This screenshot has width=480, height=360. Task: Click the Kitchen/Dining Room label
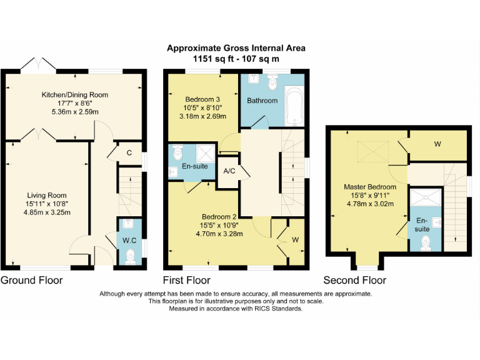tap(75, 95)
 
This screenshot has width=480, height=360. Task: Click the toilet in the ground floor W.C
tap(131, 254)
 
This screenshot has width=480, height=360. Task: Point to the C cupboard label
tap(129, 152)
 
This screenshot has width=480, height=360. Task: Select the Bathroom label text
tap(262, 101)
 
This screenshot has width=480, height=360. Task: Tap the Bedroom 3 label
tap(202, 99)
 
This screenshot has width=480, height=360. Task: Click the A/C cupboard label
tap(229, 172)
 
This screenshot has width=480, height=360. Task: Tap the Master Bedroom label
tap(370, 187)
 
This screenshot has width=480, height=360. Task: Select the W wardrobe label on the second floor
tap(437, 144)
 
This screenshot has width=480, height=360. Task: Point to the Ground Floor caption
tap(32, 280)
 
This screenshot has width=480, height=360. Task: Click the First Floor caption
tap(186, 280)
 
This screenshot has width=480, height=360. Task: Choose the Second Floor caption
tap(354, 280)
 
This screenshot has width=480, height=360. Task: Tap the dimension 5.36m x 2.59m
tap(75, 112)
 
